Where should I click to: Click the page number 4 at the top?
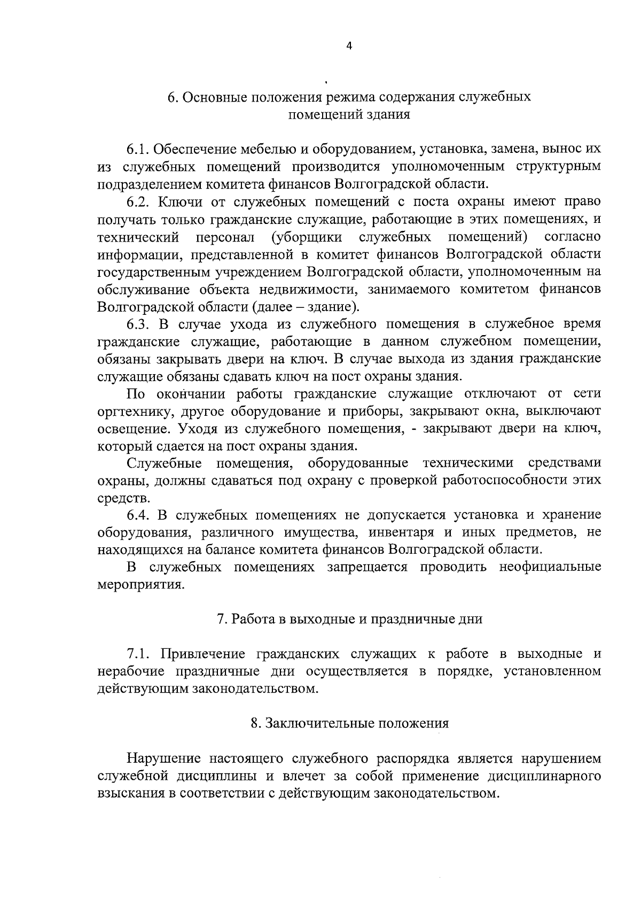click(349, 46)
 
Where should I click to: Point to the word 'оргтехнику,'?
click(132, 412)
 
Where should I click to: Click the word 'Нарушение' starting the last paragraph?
click(163, 759)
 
